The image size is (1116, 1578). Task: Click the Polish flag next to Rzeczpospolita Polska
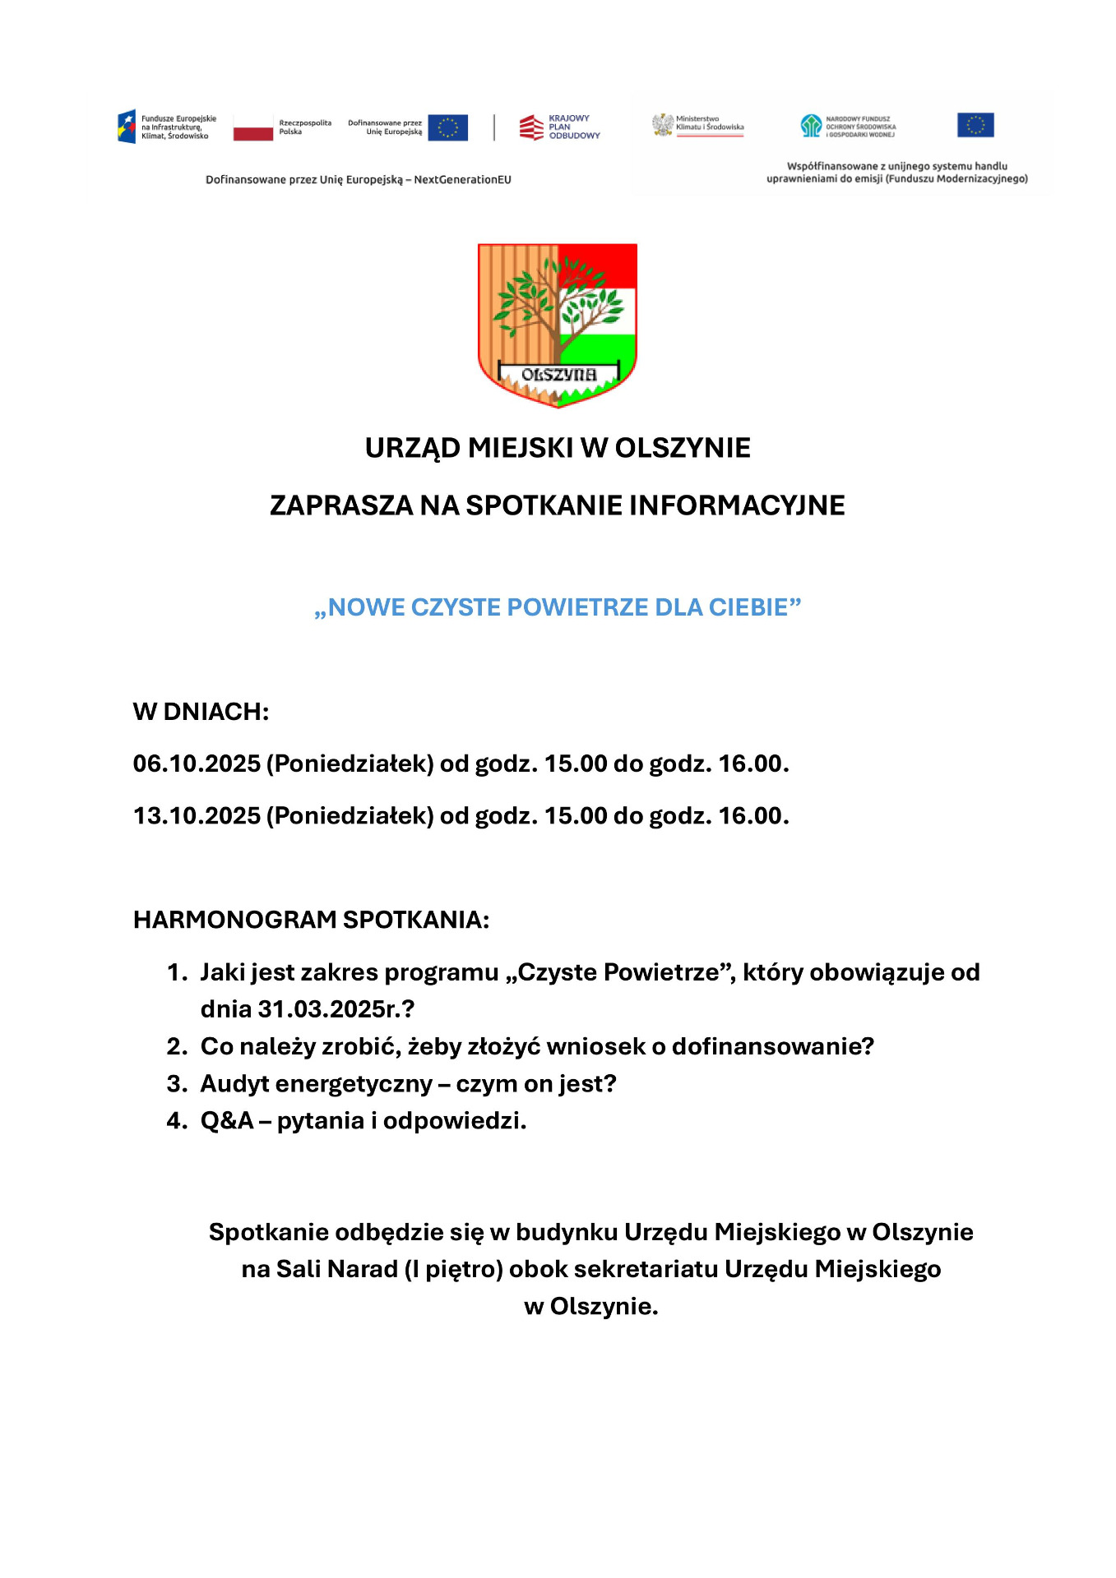pyautogui.click(x=252, y=127)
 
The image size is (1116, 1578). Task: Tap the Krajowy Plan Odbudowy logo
pyautogui.click(x=532, y=127)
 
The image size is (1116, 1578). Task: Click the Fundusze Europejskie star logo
pyautogui.click(x=127, y=127)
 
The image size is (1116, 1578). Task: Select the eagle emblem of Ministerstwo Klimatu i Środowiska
pyautogui.click(x=662, y=125)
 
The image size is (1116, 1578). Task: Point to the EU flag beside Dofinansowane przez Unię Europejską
pyautogui.click(x=448, y=127)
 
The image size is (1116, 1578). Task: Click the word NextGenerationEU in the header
pyautogui.click(x=462, y=180)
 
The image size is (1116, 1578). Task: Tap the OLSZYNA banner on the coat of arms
pyautogui.click(x=558, y=375)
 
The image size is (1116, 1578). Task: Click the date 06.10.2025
pyautogui.click(x=197, y=764)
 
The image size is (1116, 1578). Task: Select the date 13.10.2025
pyautogui.click(x=197, y=816)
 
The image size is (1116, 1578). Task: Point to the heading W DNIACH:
pyautogui.click(x=201, y=712)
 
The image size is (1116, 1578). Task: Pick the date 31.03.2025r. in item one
pyautogui.click(x=329, y=1009)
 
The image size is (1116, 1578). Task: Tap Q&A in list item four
pyautogui.click(x=227, y=1121)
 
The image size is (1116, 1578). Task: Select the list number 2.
pyautogui.click(x=177, y=1046)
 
